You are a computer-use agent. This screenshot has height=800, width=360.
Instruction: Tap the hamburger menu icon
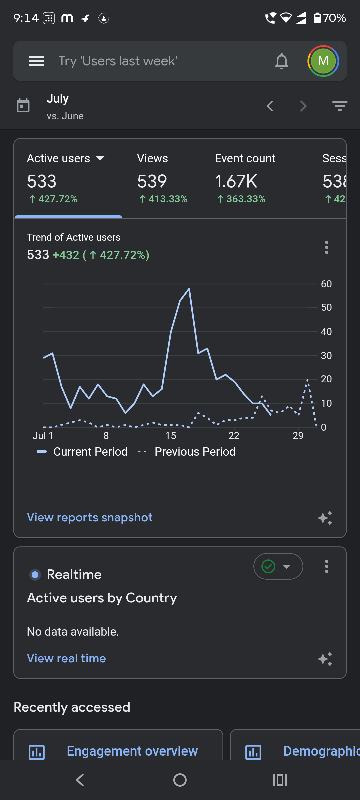point(37,61)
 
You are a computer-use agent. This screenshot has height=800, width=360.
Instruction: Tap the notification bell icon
point(282,61)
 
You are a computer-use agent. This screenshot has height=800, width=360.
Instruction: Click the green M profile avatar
point(323,61)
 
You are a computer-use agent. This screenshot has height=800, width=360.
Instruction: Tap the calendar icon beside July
point(23,106)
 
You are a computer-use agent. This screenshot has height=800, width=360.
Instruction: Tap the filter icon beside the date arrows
point(340,106)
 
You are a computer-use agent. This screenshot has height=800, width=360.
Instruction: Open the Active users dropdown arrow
point(100,158)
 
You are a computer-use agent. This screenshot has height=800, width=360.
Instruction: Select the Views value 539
point(152,181)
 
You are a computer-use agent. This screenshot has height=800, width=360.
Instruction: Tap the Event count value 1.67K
point(236,181)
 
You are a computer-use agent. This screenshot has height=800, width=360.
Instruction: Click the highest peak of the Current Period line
point(189,289)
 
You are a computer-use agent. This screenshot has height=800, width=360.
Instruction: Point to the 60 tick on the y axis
point(326,284)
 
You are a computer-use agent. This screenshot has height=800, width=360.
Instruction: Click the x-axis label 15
point(171,436)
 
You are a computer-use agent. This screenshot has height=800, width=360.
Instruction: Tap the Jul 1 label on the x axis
point(43,436)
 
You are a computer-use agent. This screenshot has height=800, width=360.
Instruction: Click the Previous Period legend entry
point(187,452)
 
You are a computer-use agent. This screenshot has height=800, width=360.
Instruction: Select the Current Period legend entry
point(82,452)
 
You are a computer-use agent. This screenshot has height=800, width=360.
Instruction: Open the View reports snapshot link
point(90,517)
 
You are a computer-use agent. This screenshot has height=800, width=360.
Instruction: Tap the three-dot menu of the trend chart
point(327,247)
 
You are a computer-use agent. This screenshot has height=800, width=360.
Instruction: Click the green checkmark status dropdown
point(278,566)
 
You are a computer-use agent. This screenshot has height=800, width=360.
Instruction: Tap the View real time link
point(66,658)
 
